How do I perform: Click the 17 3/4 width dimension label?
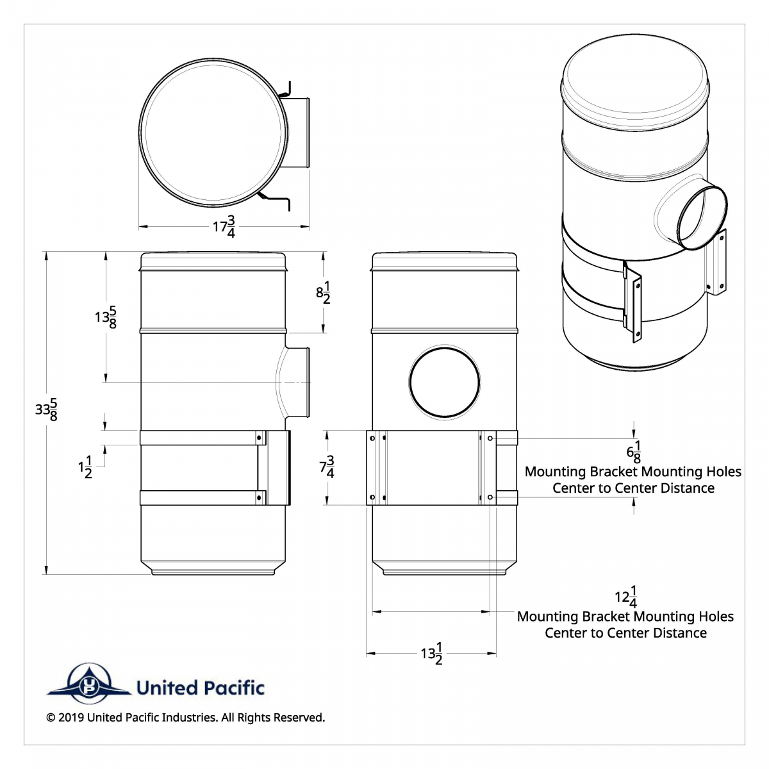224,227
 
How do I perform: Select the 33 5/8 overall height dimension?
46,409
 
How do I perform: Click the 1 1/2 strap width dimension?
85,467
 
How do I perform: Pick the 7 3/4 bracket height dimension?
327,467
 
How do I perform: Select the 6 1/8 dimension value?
633,452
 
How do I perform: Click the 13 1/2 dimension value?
432,654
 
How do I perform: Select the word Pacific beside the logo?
234,688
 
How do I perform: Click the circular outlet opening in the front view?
445,383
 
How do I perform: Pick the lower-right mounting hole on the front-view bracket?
490,497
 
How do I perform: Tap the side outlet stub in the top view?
296,133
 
